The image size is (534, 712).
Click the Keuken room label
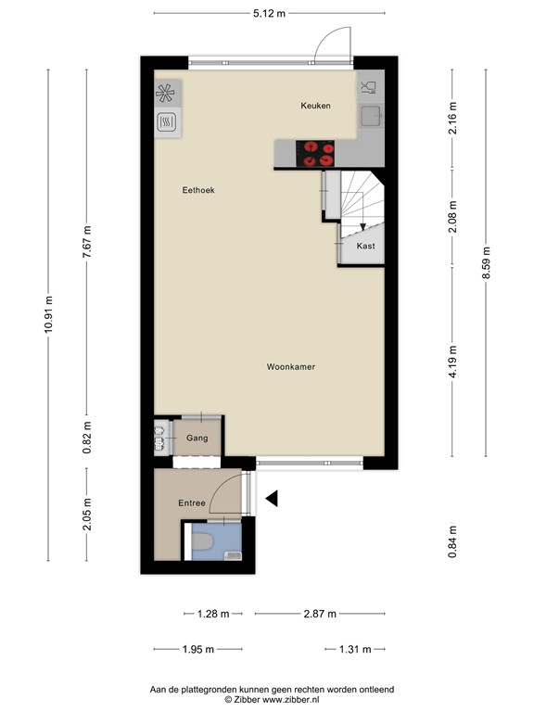tap(315, 107)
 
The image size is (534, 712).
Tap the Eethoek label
tap(197, 190)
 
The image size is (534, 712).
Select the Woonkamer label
tap(290, 367)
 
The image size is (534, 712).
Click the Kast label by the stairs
tap(366, 246)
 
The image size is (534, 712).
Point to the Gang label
tap(197, 438)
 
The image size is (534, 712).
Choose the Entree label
tap(193, 502)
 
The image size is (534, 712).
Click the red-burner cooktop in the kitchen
tap(316, 153)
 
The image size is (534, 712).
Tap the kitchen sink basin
tap(372, 116)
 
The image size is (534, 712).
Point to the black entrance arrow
tap(272, 500)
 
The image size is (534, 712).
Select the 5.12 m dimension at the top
tap(269, 13)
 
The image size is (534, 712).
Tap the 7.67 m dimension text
tap(87, 246)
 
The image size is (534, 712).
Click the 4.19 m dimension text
tap(452, 362)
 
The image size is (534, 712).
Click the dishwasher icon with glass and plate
tap(369, 88)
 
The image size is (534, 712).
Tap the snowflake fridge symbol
tap(166, 93)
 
